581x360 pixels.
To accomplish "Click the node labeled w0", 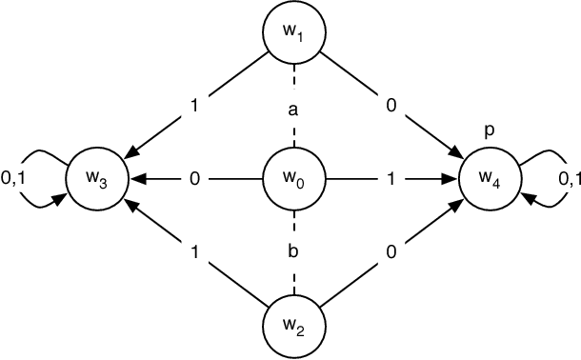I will pos(293,178).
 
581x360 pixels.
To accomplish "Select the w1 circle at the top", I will pos(293,32).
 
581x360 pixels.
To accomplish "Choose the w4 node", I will pos(490,178).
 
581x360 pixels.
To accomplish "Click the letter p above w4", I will pos(489,132).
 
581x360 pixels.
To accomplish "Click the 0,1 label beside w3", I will pos(13,178).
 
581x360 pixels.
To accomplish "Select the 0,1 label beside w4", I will pos(569,178).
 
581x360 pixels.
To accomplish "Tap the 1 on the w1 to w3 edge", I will pos(194,107).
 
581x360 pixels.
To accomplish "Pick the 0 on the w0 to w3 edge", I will pos(194,178).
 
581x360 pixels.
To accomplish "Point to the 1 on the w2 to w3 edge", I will pos(194,252).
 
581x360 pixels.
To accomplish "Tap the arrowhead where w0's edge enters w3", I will pos(136,178).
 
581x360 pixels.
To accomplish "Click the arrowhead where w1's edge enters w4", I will pos(454,152).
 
